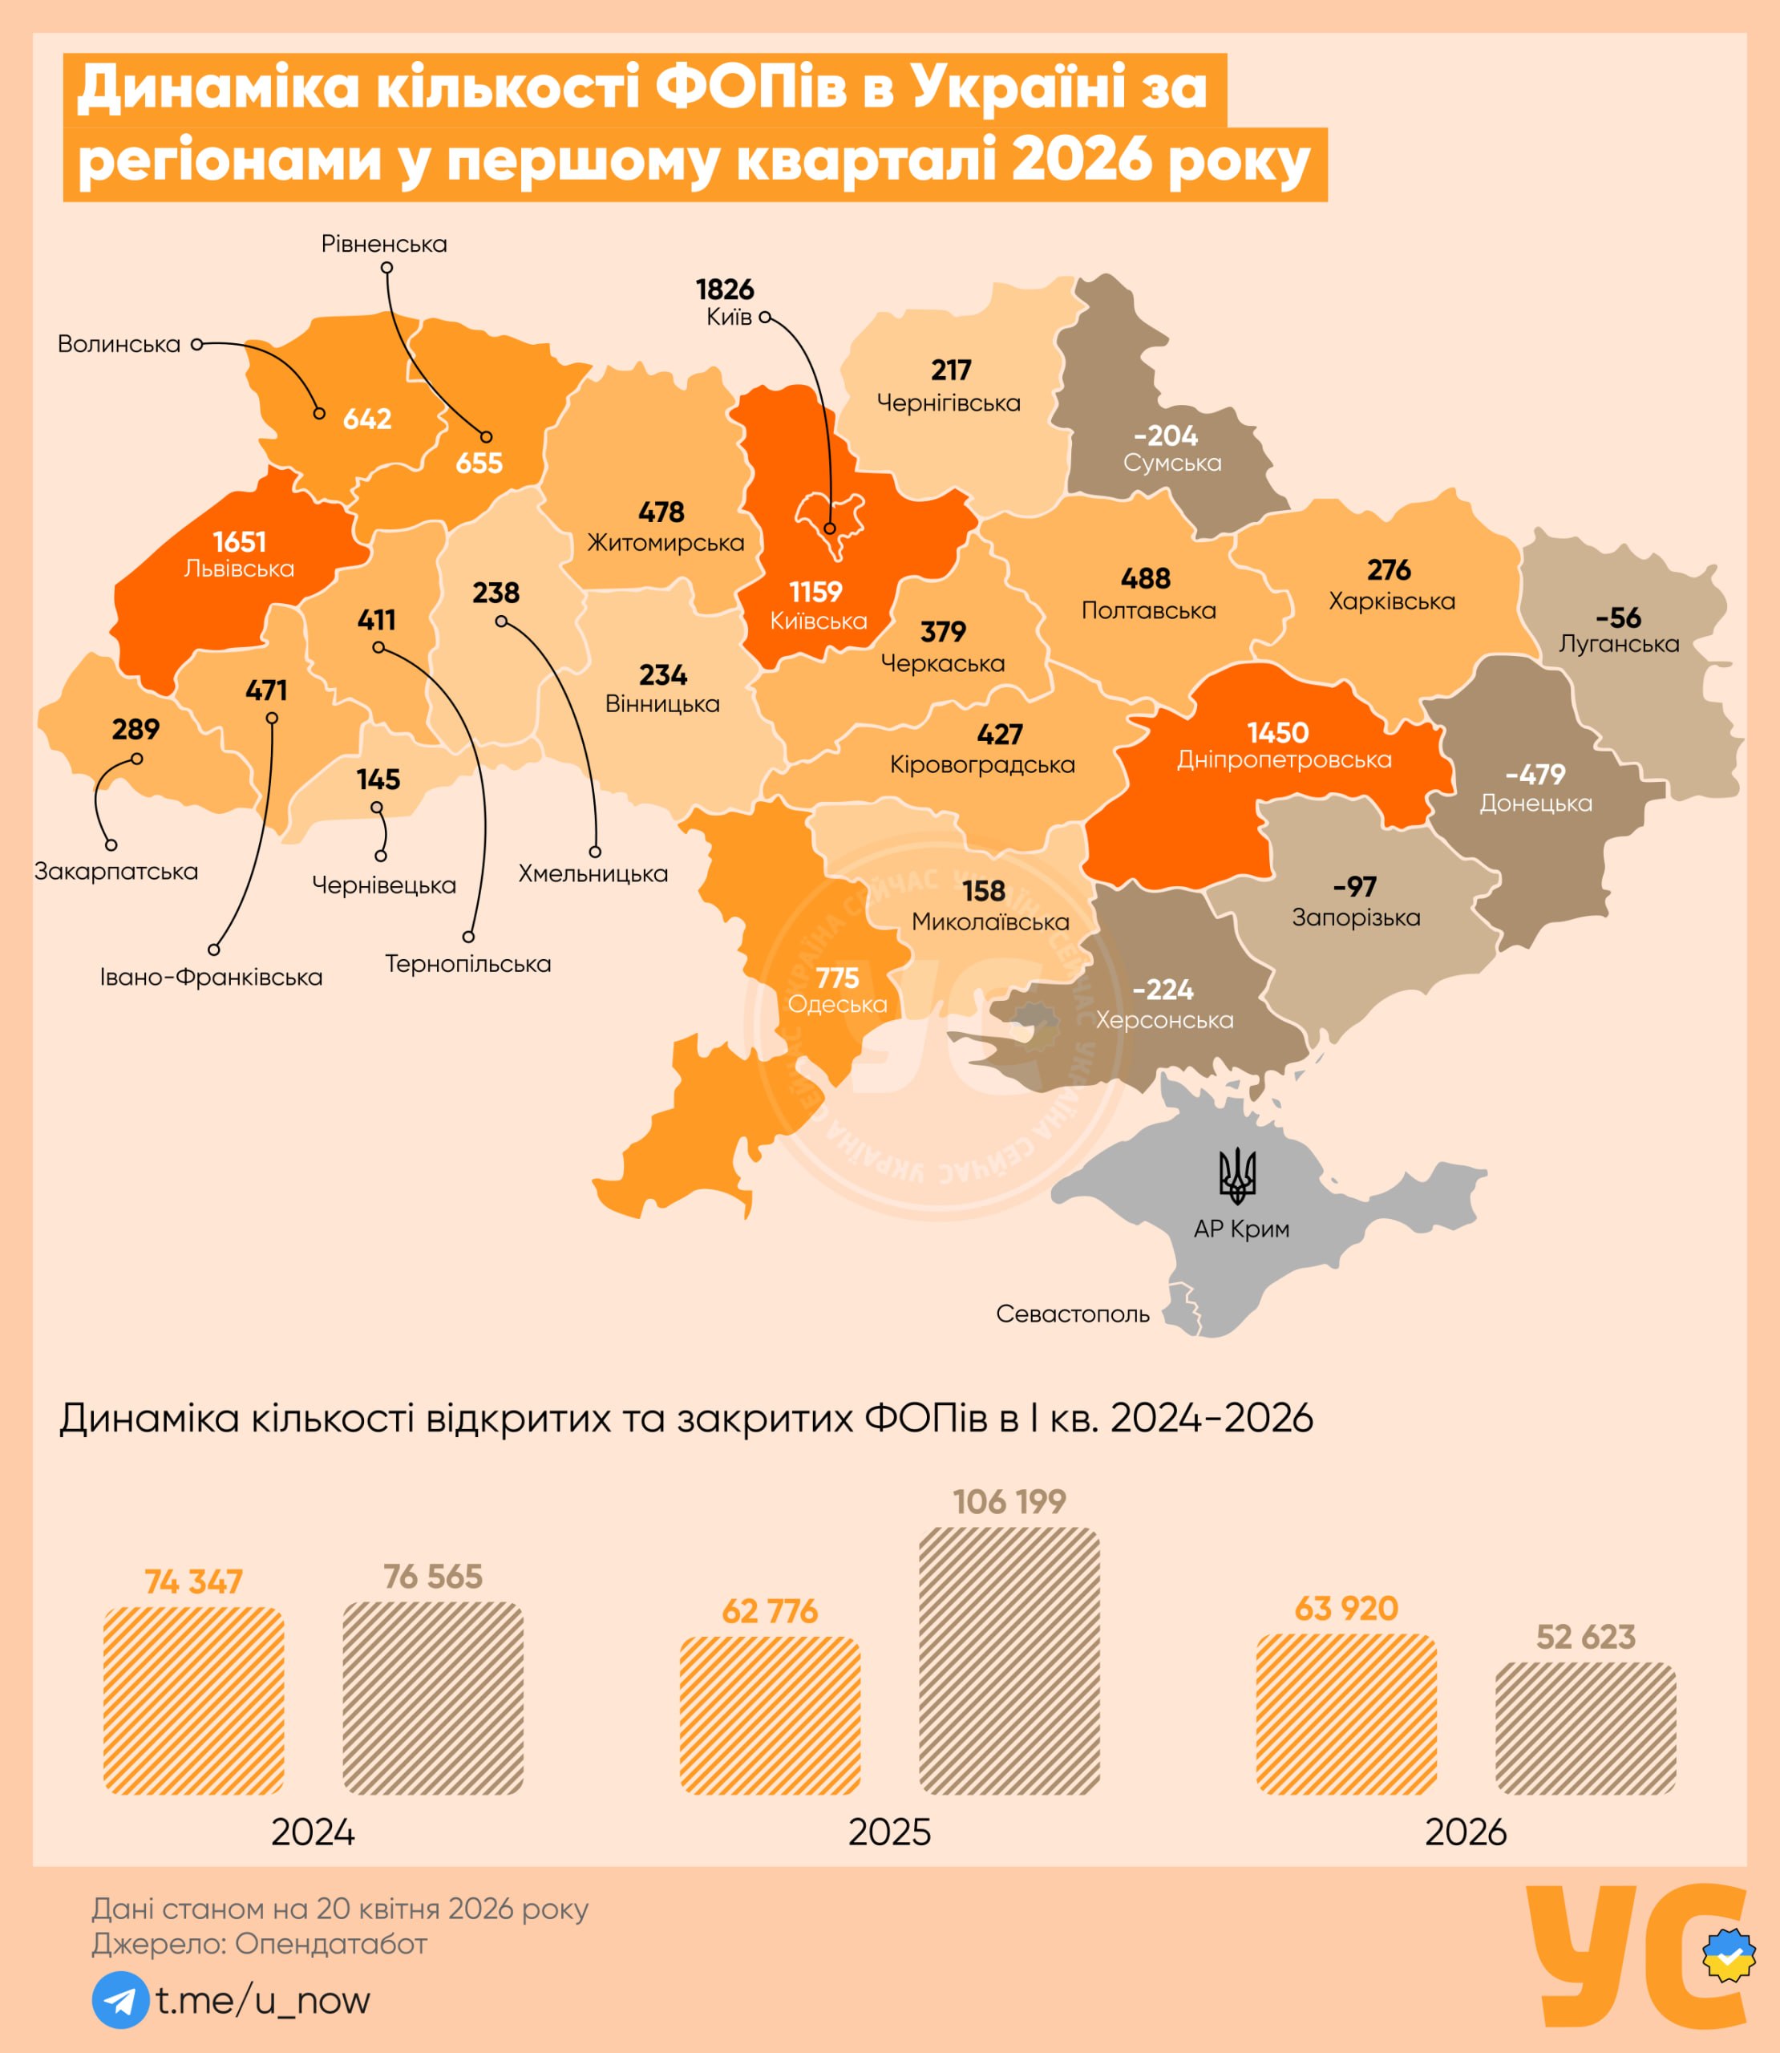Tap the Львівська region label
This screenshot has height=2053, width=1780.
click(240, 569)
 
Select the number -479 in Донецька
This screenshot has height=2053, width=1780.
click(1535, 775)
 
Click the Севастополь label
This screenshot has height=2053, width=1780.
click(1073, 1314)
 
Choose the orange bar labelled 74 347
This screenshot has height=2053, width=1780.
click(194, 1700)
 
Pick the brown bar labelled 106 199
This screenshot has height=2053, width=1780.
click(1009, 1661)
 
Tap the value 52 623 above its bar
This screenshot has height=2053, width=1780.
click(1585, 1637)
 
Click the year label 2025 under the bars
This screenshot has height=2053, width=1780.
click(889, 1832)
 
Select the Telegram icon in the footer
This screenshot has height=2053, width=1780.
click(120, 1999)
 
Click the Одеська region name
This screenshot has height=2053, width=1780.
click(837, 1004)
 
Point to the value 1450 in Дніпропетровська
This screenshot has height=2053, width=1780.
click(1278, 733)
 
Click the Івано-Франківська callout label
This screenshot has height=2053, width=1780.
click(211, 978)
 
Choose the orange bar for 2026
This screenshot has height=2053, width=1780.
click(1346, 1715)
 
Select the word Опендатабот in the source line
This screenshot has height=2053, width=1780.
click(331, 1944)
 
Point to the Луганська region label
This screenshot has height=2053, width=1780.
click(1619, 644)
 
